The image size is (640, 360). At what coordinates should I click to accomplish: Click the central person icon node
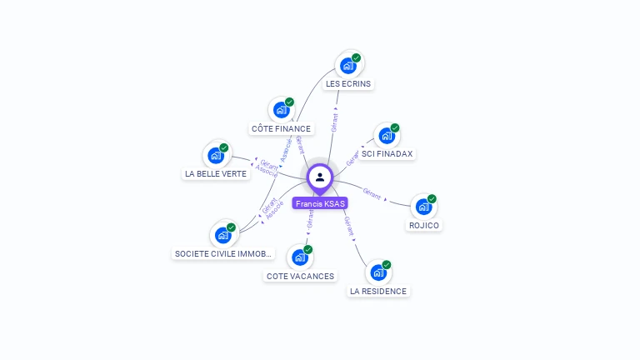click(320, 177)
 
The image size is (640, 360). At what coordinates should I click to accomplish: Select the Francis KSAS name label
click(320, 203)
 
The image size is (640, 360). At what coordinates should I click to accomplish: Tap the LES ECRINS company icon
click(348, 65)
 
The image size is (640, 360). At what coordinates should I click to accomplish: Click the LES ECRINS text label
click(348, 83)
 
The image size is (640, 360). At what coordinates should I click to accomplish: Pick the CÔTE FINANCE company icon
click(282, 110)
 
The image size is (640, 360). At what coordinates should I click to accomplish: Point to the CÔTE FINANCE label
click(281, 128)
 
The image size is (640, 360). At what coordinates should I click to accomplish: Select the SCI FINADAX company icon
click(387, 135)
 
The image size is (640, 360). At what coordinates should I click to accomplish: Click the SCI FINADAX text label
click(387, 154)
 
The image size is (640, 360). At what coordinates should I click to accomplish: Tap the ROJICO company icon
click(423, 206)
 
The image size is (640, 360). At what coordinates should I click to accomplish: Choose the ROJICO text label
click(424, 225)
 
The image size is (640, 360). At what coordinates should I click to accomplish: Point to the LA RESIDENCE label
click(378, 292)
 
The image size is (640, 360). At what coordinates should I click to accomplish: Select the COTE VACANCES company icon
click(300, 257)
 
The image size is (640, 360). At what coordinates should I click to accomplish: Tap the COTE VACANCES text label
click(300, 276)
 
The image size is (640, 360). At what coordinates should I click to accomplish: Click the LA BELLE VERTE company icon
click(216, 155)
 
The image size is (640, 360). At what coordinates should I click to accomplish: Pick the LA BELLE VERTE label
click(216, 173)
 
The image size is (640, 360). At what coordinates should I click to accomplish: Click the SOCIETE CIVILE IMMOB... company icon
click(223, 235)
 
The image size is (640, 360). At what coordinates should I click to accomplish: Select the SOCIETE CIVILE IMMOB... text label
click(223, 253)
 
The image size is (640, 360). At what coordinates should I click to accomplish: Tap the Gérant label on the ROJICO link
click(372, 195)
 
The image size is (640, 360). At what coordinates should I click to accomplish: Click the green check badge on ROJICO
click(432, 198)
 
